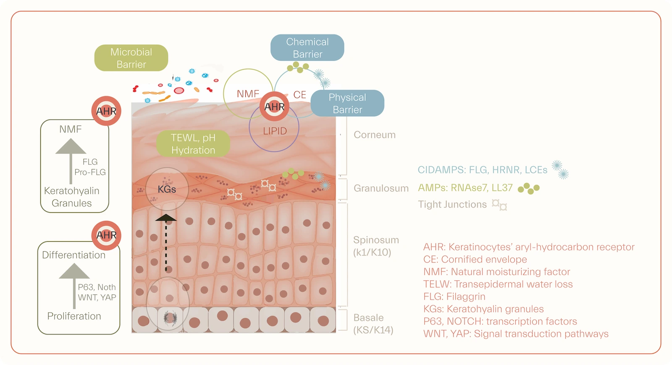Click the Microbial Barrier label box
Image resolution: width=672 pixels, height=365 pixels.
pyautogui.click(x=131, y=58)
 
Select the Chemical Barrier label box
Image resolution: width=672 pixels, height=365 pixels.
pyautogui.click(x=307, y=48)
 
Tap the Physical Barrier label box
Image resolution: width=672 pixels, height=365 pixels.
pyautogui.click(x=347, y=103)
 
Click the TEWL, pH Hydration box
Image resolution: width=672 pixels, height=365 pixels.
pyautogui.click(x=193, y=144)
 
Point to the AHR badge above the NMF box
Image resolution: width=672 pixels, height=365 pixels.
pyautogui.click(x=106, y=111)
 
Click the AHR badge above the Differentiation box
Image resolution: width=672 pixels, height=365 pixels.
pyautogui.click(x=106, y=235)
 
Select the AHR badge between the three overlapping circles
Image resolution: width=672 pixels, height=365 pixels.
pyautogui.click(x=274, y=107)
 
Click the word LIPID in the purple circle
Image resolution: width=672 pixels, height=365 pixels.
pyautogui.click(x=275, y=131)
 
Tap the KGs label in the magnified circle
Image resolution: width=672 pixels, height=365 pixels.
pyautogui.click(x=167, y=190)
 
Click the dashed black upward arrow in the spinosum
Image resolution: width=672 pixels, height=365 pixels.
pyautogui.click(x=166, y=243)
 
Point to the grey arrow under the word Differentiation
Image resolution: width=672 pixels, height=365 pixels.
pyautogui.click(x=74, y=285)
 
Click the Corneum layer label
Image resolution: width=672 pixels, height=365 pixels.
pyautogui.click(x=374, y=135)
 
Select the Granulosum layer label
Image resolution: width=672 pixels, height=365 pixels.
pyautogui.click(x=381, y=188)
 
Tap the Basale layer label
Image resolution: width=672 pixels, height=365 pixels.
pyautogui.click(x=369, y=318)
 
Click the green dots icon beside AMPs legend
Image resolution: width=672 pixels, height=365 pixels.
pyautogui.click(x=529, y=188)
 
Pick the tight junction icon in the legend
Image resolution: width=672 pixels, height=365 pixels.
pyautogui.click(x=499, y=205)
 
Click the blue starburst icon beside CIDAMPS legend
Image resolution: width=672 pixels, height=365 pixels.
pyautogui.click(x=560, y=169)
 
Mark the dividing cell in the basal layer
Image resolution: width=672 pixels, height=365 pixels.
pyautogui.click(x=170, y=318)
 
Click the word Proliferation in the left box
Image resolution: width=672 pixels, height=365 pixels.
pyautogui.click(x=74, y=316)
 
